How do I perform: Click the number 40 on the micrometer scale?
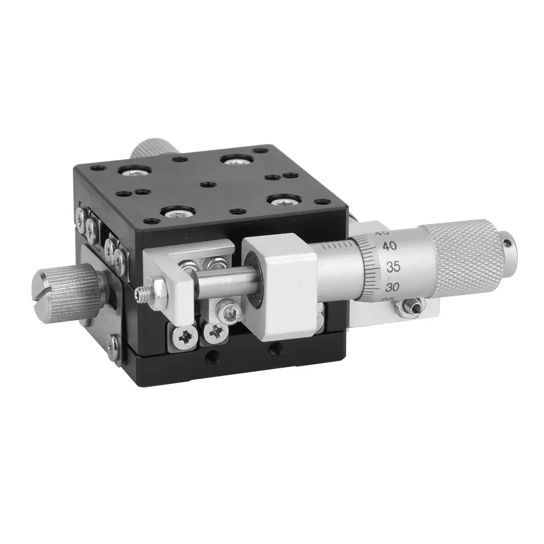click(389, 246)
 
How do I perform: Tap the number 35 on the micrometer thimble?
click(393, 266)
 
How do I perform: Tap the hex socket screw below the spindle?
click(228, 313)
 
